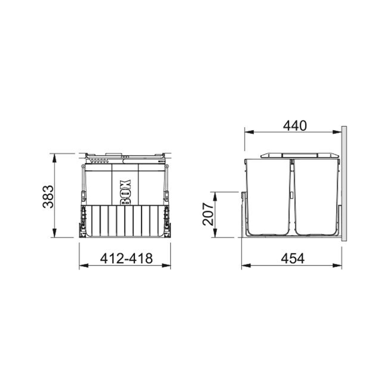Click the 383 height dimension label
[48, 196]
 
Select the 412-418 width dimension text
[126, 258]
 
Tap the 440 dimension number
[295, 126]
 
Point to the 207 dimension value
[208, 214]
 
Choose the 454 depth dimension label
[293, 258]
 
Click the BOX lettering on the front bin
[126, 192]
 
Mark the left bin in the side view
[268, 197]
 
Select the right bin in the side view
[316, 197]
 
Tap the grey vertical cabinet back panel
[344, 184]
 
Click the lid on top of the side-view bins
[300, 156]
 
